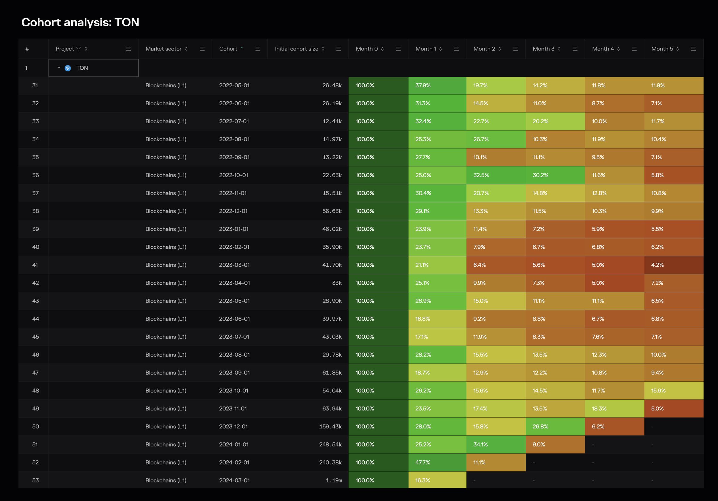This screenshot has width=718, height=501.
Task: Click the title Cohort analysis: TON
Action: tap(80, 22)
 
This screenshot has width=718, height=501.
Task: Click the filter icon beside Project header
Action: tap(78, 49)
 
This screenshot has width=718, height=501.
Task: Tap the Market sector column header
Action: tap(163, 49)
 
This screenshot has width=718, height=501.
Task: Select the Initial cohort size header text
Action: tap(296, 49)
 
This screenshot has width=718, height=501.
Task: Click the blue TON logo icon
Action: tap(68, 68)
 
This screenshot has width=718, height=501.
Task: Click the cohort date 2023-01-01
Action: tap(234, 229)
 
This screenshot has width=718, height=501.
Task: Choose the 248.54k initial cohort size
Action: tap(330, 445)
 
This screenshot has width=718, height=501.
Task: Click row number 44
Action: tap(35, 319)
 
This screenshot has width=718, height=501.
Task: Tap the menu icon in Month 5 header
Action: tap(693, 49)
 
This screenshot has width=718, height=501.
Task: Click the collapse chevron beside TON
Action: tap(59, 68)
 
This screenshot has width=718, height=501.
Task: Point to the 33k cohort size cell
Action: tap(337, 283)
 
